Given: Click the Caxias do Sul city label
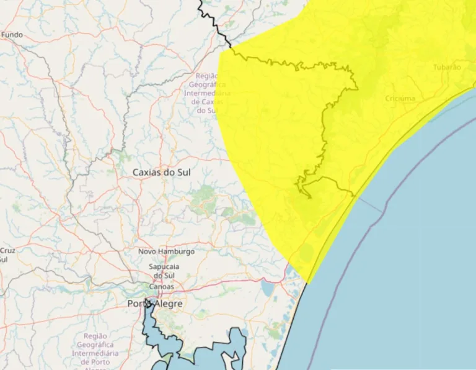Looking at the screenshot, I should click(x=162, y=172).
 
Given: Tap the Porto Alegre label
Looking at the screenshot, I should click(x=155, y=304).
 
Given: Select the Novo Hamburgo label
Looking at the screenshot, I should click(x=166, y=251).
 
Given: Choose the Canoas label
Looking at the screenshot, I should click(x=161, y=287).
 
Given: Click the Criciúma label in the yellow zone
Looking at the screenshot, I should click(x=400, y=99).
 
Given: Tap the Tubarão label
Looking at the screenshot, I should click(x=447, y=67).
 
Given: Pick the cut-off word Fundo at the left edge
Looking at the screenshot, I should click(x=11, y=35).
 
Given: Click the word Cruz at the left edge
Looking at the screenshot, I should click(x=7, y=251).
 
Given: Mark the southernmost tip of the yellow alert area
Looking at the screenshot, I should click(x=307, y=283).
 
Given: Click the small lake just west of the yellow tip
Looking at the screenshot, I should click(x=268, y=288).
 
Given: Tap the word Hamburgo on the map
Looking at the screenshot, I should click(x=177, y=251).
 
